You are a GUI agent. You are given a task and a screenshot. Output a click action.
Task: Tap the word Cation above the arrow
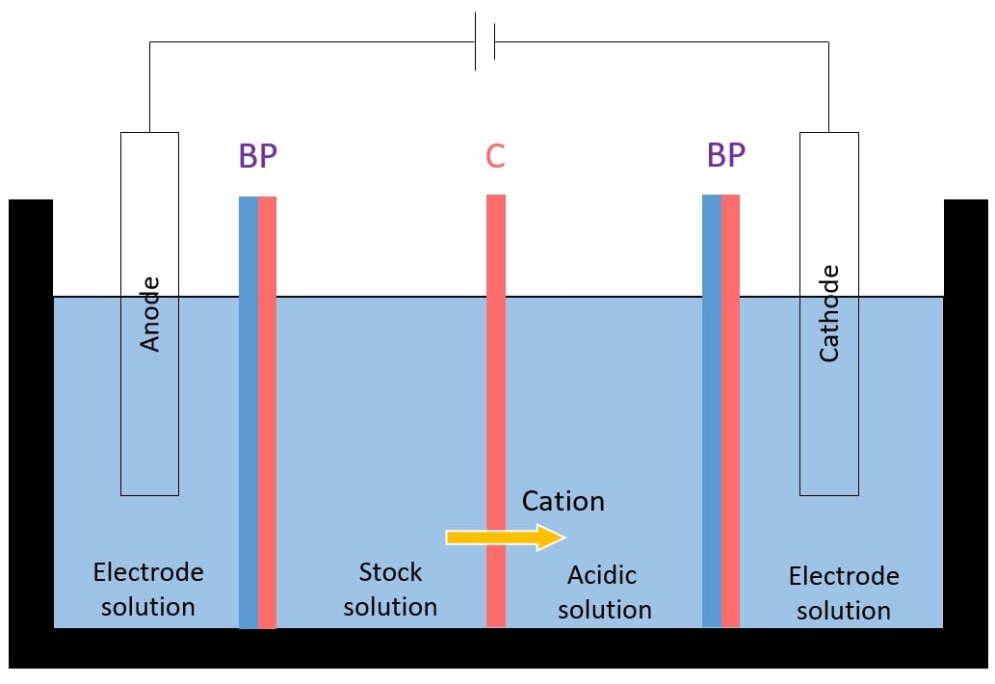[x=563, y=501]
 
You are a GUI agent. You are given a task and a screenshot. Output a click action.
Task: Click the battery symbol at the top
[x=485, y=41]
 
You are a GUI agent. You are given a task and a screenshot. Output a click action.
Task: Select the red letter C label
[x=495, y=156]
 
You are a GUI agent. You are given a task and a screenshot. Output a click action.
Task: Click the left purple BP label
[x=257, y=156]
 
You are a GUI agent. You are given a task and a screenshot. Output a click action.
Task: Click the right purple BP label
[x=725, y=154]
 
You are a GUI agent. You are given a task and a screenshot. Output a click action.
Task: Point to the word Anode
[x=150, y=314]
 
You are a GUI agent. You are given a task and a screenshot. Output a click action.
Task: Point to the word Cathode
[x=828, y=314]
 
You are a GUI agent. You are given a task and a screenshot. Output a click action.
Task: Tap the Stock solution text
[x=390, y=590]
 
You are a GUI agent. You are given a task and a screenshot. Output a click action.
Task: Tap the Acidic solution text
[x=604, y=592]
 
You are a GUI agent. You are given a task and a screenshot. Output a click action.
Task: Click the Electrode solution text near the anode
[x=148, y=590]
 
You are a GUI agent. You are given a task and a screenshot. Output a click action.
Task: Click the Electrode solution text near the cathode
[x=844, y=593]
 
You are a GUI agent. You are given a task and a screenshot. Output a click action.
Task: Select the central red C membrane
[x=495, y=405]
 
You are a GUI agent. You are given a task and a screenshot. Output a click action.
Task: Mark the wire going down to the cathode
[x=828, y=87]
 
